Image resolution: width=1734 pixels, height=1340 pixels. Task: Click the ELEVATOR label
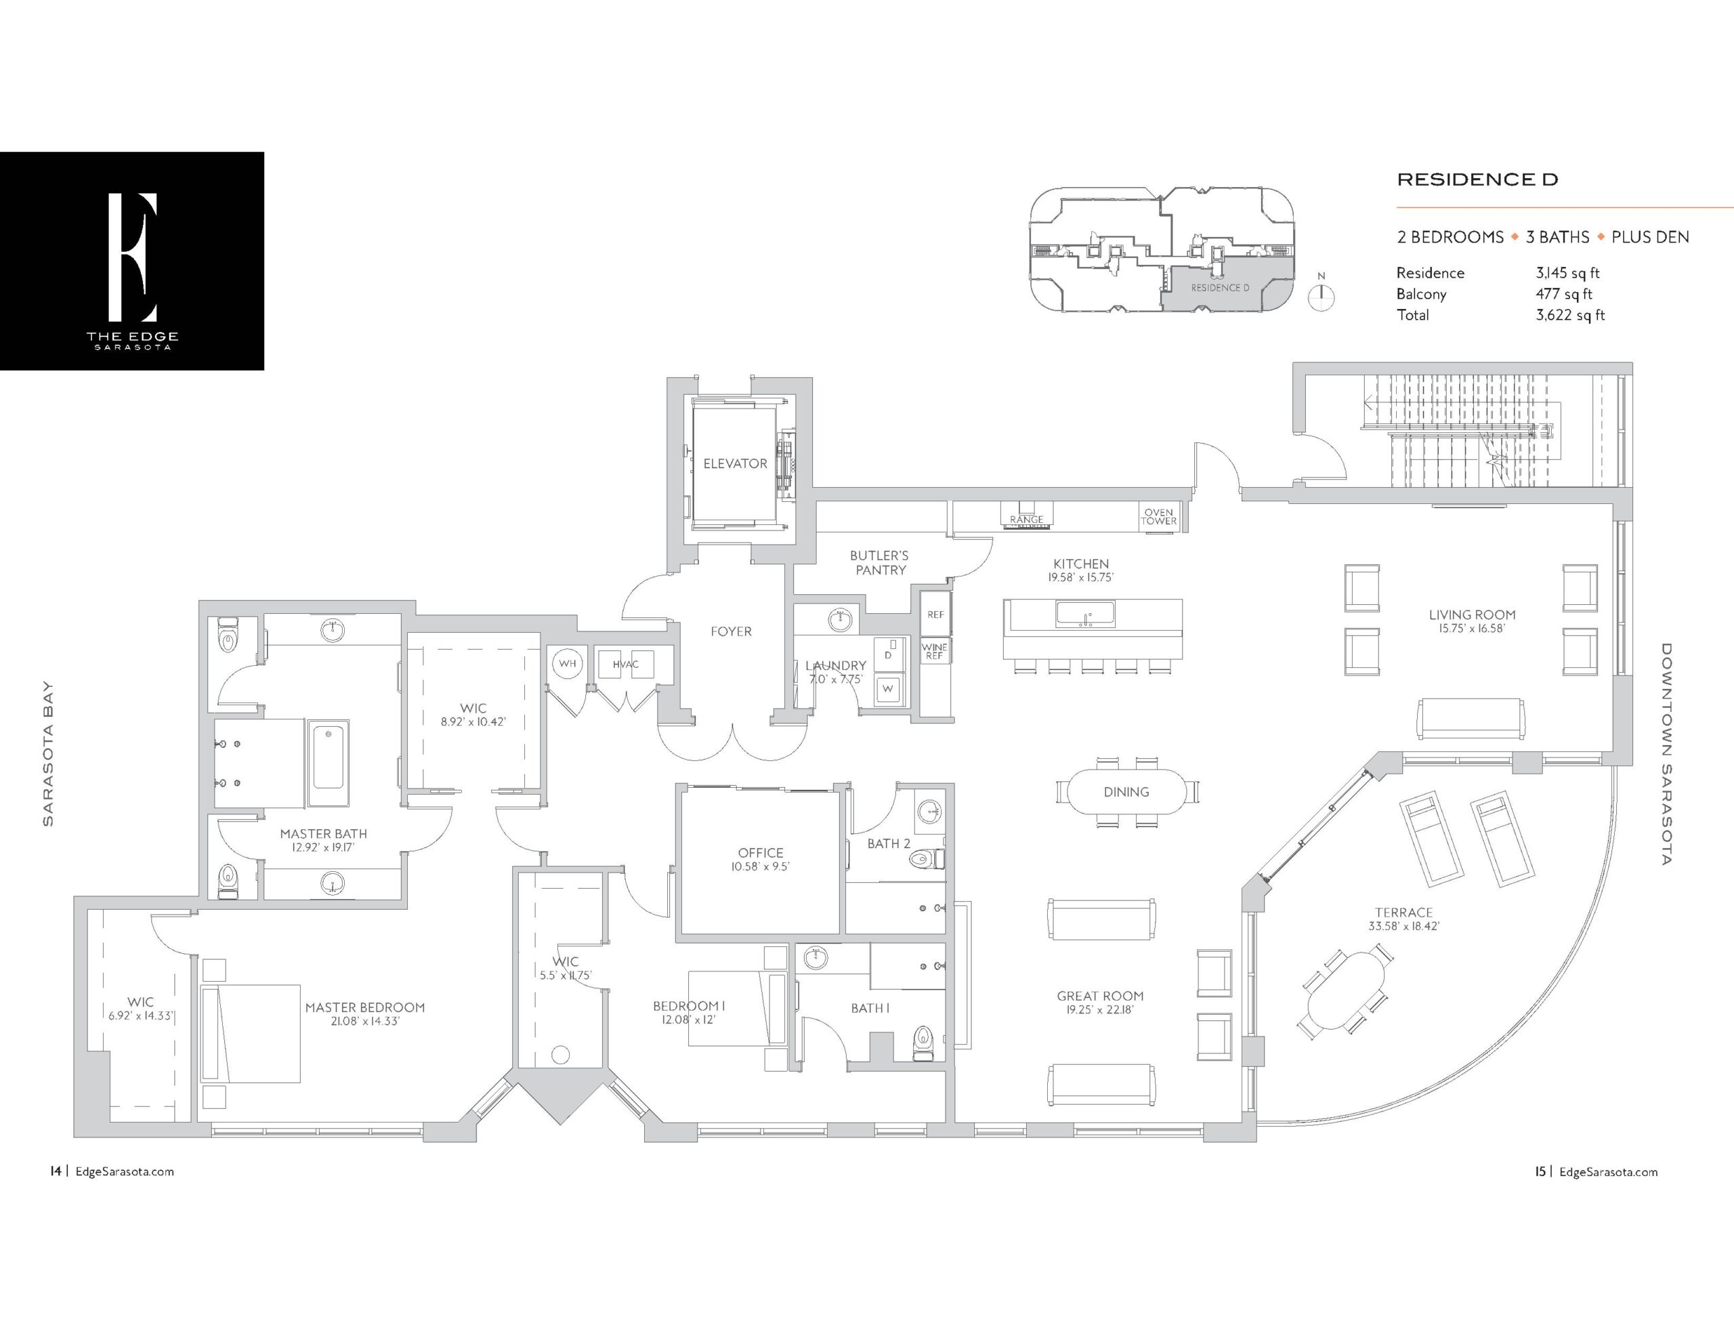(735, 463)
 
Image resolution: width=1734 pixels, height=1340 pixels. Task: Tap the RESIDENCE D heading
(1477, 180)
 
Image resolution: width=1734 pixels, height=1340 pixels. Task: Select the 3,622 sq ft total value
(1569, 314)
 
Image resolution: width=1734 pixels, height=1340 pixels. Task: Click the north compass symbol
(1321, 295)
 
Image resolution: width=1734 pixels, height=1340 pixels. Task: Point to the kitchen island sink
(1084, 614)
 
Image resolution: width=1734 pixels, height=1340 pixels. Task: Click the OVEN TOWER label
(1158, 517)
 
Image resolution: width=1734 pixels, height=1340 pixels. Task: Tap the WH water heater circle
(567, 663)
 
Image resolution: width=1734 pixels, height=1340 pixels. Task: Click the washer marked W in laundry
(889, 689)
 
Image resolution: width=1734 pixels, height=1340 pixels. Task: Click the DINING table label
(1126, 792)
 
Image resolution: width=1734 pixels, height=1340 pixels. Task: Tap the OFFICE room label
(761, 852)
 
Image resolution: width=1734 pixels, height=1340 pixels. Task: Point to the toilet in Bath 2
(927, 858)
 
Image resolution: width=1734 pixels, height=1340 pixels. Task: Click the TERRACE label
(1403, 913)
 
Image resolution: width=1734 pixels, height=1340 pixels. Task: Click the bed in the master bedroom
(250, 1033)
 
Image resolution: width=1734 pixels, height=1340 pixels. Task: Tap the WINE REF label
(935, 651)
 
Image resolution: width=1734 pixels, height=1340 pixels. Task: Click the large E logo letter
(133, 257)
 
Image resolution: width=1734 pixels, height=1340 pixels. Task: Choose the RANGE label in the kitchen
(1027, 520)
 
